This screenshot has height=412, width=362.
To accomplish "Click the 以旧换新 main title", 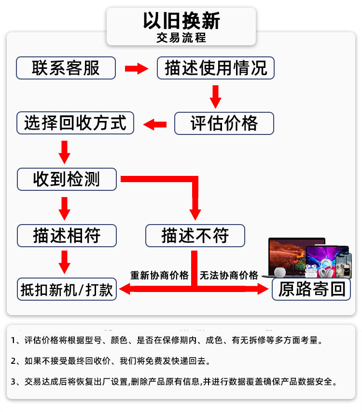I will pos(181,21).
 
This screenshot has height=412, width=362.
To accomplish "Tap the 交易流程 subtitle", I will pos(181,38).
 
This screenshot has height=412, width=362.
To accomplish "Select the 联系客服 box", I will pos(66,68).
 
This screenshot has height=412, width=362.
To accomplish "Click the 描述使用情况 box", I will pos(216,68).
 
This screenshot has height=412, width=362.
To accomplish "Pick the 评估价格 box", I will pos(224,123).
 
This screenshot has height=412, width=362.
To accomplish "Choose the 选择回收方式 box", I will pos(75,123).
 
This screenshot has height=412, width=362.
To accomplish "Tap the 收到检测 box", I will pos(67,179).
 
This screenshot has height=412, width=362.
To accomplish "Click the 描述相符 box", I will pos(67,236).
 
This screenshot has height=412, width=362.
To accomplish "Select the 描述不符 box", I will pos(195,236).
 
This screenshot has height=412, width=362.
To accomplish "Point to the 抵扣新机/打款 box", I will pos(67,290).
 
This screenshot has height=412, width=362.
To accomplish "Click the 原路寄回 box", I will pos(311,289).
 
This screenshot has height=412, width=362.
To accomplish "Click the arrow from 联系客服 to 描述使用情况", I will pos(137,68).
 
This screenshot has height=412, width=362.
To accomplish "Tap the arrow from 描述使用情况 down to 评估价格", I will pos(216,96).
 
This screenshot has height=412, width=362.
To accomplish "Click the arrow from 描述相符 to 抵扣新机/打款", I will pos(64,262).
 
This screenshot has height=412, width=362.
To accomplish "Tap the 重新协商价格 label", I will pos(159,275).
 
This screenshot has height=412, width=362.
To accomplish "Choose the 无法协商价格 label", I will pos(229,275).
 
